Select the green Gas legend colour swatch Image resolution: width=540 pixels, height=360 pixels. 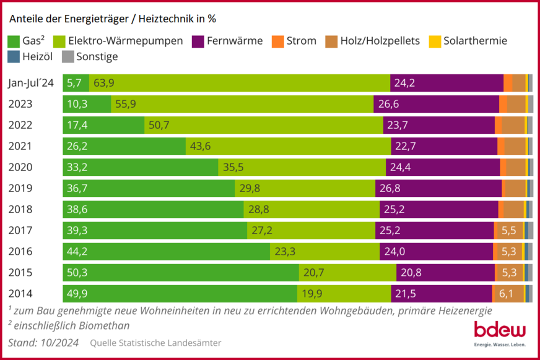coord(14,42)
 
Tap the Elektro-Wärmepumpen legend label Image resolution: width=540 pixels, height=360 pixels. coord(126,42)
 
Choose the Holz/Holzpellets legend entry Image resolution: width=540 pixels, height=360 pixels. coord(380,42)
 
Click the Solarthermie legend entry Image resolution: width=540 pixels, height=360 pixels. coord(475,42)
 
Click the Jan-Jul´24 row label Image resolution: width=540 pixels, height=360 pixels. coord(32,83)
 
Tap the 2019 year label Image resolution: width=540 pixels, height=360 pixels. coord(20,188)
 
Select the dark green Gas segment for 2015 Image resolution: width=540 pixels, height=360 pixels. coord(180,273)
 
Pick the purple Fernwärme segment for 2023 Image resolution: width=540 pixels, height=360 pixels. coord(436,104)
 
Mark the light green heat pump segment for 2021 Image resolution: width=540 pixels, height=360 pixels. coord(288,146)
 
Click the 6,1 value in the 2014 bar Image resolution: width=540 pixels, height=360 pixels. coord(507,294)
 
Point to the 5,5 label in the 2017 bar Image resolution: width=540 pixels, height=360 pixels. coord(508,230)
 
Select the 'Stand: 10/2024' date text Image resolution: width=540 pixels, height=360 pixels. coord(43,343)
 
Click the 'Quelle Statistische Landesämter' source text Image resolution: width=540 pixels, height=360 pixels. coord(155,343)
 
